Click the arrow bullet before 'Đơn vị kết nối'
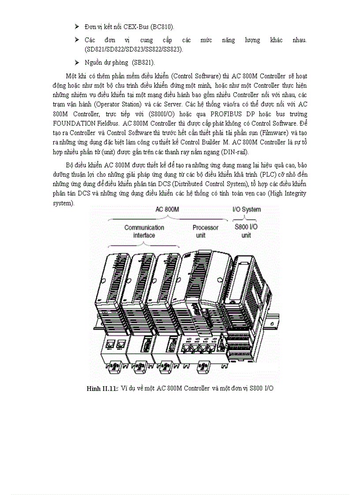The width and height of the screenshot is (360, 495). tap(77, 27)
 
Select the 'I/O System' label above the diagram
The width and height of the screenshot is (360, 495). tap(246, 209)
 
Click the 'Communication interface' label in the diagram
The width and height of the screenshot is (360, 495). tap(144, 231)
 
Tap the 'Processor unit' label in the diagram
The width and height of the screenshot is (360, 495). tap(205, 231)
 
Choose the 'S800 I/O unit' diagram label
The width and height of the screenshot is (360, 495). tap(246, 231)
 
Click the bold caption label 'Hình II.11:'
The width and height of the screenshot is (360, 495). tap(102, 388)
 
